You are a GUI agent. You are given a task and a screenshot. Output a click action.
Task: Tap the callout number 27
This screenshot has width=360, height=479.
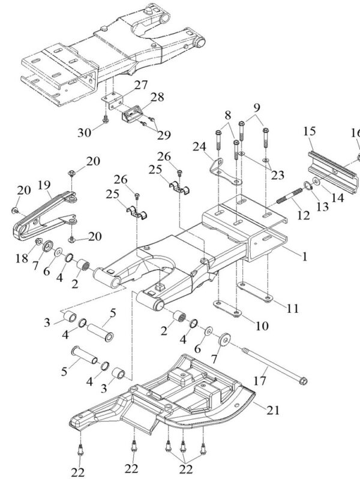click(x=141, y=85)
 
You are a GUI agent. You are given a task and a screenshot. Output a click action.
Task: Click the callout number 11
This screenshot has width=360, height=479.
click(x=292, y=309)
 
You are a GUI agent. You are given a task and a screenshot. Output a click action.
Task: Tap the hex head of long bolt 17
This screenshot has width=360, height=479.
click(x=304, y=379)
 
